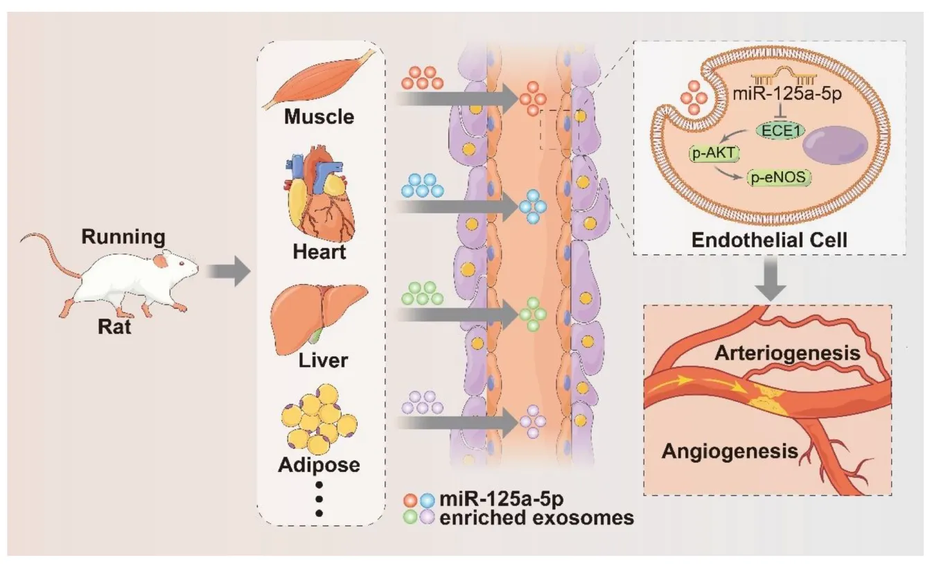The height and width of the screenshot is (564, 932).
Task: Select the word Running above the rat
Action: [123, 238]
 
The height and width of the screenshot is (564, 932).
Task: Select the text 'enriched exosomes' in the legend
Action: [537, 517]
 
